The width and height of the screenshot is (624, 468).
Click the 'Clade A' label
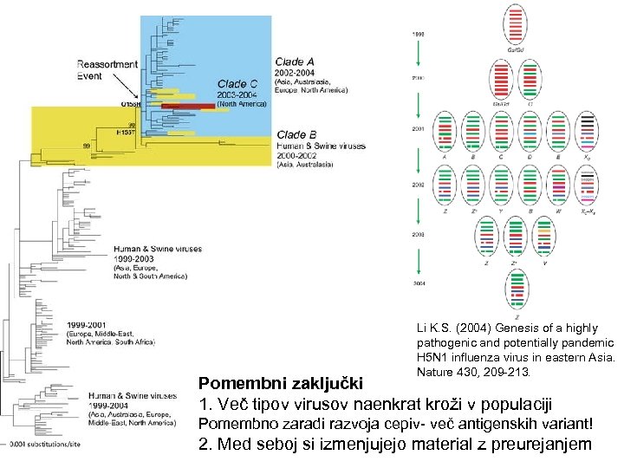295,62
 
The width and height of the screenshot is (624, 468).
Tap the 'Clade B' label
295,135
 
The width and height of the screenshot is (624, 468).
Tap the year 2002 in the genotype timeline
417,185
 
